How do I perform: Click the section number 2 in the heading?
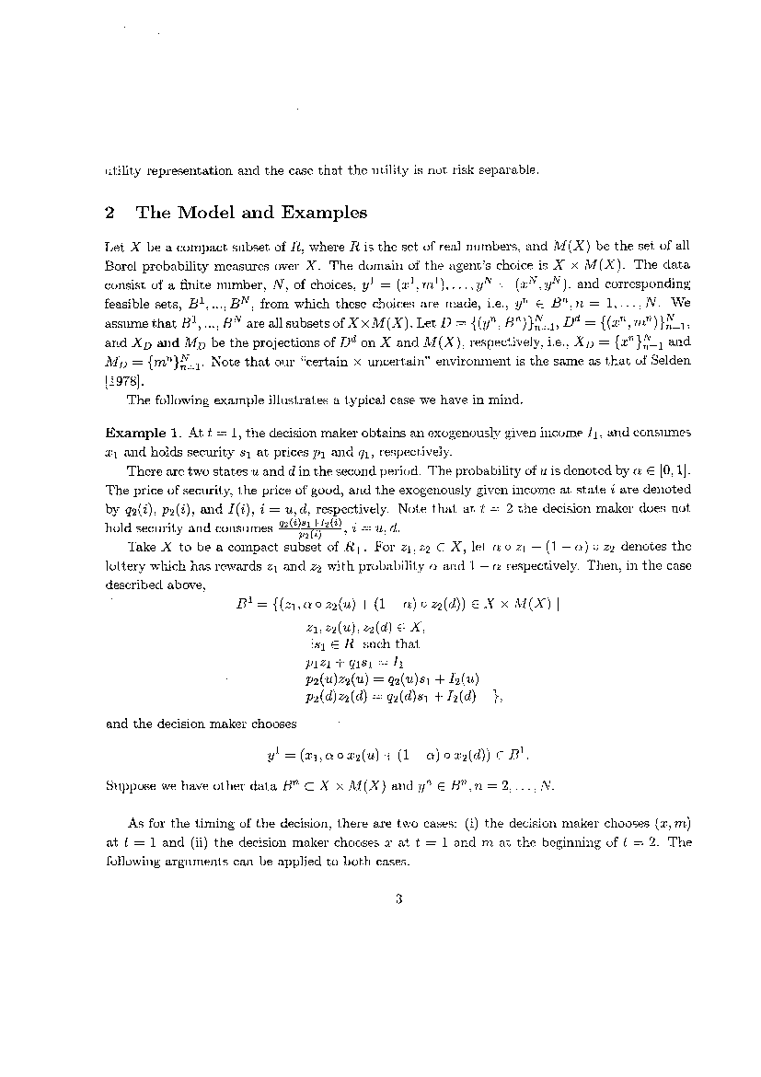(110, 214)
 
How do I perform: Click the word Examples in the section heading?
(321, 214)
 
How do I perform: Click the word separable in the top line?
(506, 169)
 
